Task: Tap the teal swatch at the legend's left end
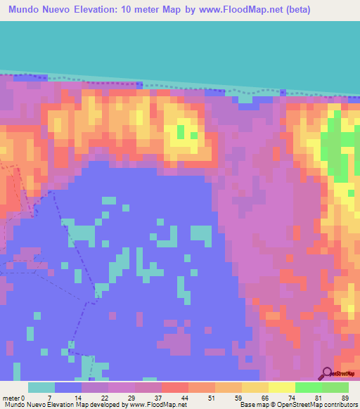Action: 41,387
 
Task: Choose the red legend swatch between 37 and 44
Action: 174,387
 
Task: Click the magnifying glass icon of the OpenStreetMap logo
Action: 326,373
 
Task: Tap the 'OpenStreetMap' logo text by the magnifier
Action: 345,374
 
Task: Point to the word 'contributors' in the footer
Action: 338,404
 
